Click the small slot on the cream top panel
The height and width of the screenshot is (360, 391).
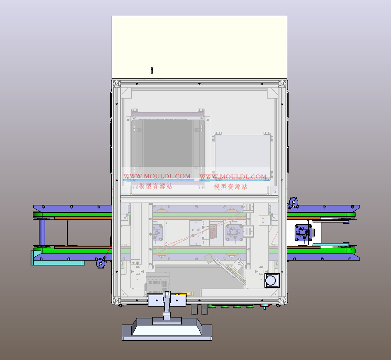[x=152, y=71]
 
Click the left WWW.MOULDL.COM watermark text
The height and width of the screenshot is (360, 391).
[x=157, y=176]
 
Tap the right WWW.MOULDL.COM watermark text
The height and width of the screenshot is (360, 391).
[x=233, y=176]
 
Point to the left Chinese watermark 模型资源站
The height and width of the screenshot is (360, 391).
[x=155, y=186]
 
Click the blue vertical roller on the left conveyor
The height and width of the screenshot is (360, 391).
[x=42, y=233]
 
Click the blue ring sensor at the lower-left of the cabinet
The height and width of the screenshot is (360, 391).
[x=101, y=263]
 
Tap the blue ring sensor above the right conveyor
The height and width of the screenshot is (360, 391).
[x=293, y=202]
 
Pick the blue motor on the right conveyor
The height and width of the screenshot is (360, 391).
[x=303, y=233]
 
